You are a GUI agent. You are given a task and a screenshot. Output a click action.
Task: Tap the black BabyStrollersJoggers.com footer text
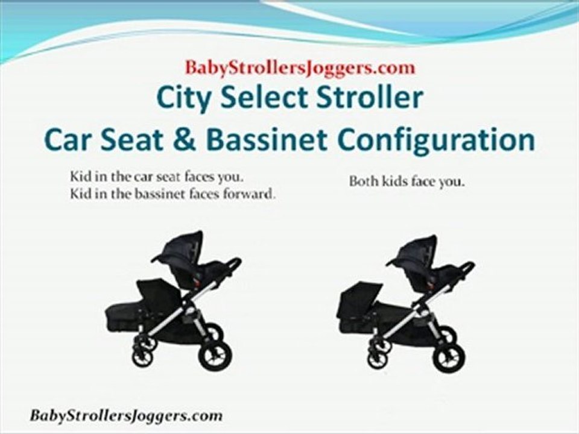click(126, 415)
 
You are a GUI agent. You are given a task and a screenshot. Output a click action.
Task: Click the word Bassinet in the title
click(264, 140)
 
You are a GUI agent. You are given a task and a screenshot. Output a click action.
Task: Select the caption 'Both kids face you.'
click(407, 182)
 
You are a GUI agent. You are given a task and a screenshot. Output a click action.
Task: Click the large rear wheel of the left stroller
click(214, 355)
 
